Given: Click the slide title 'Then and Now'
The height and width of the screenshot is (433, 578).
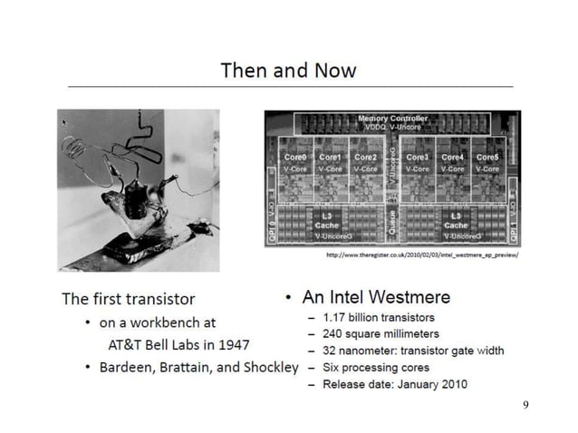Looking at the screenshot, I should coord(289,70).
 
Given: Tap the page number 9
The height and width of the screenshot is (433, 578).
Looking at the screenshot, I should coord(525,403).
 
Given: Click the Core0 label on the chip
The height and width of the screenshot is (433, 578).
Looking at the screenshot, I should coord(295,157).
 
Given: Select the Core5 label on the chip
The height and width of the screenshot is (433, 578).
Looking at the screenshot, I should coord(487,157).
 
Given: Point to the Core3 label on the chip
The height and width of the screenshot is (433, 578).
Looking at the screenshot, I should coord(418,157).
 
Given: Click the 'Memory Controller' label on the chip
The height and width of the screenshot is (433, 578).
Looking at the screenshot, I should coord(393,119).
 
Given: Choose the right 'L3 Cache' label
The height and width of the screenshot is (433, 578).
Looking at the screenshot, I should coord(456,220).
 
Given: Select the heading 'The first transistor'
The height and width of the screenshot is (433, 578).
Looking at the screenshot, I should coord(128,298).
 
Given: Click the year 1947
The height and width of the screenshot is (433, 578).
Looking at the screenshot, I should coord(233,344).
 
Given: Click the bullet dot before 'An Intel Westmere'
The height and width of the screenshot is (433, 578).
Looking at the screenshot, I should coord(287,297).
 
